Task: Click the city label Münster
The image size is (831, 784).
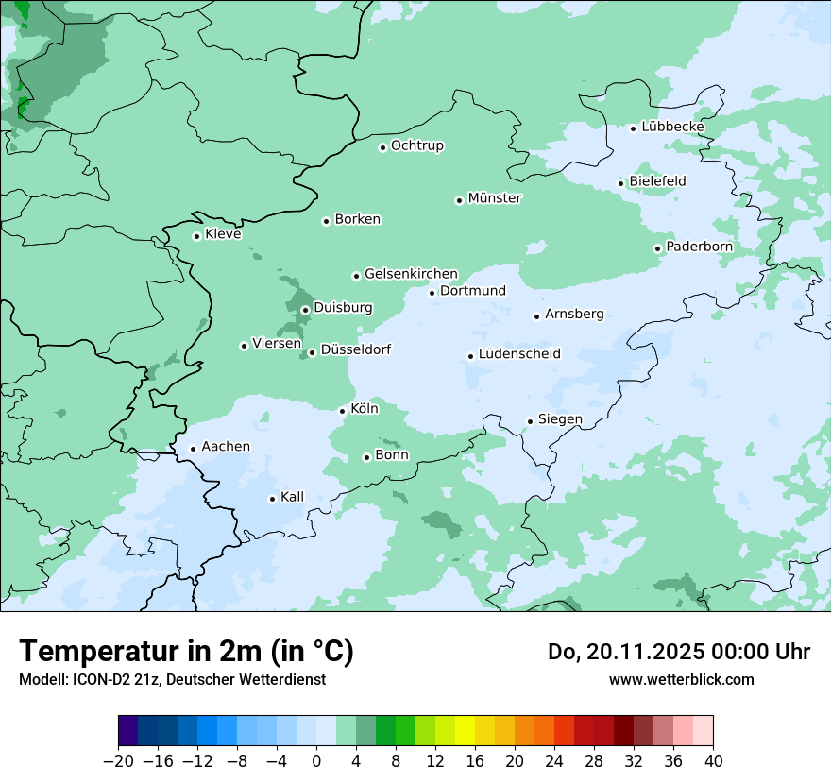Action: pos(495,198)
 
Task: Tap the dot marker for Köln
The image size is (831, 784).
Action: pos(342,410)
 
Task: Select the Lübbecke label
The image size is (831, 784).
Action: pos(672,127)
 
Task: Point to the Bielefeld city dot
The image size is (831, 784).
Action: pos(621,183)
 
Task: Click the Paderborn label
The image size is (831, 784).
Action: pos(699,247)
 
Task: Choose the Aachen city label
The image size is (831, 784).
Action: pos(226,447)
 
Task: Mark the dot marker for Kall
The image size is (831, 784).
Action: pos(272,499)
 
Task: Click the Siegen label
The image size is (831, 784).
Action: pos(560,419)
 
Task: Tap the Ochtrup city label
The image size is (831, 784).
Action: pos(417,145)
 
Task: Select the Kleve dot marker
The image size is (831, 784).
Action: pos(196,236)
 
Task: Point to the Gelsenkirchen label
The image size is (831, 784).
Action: pos(411,274)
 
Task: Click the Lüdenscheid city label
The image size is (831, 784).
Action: pos(519,354)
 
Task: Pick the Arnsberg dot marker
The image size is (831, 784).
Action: pos(536,316)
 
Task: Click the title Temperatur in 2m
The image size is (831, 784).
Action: pos(186,651)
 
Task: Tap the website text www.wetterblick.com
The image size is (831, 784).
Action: pos(681,679)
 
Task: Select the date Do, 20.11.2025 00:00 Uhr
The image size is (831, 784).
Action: pos(678,652)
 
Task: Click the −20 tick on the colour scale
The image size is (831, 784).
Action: pos(118,761)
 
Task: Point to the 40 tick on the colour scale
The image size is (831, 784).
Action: pos(713,761)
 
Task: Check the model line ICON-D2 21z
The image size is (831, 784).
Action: pos(171,679)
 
